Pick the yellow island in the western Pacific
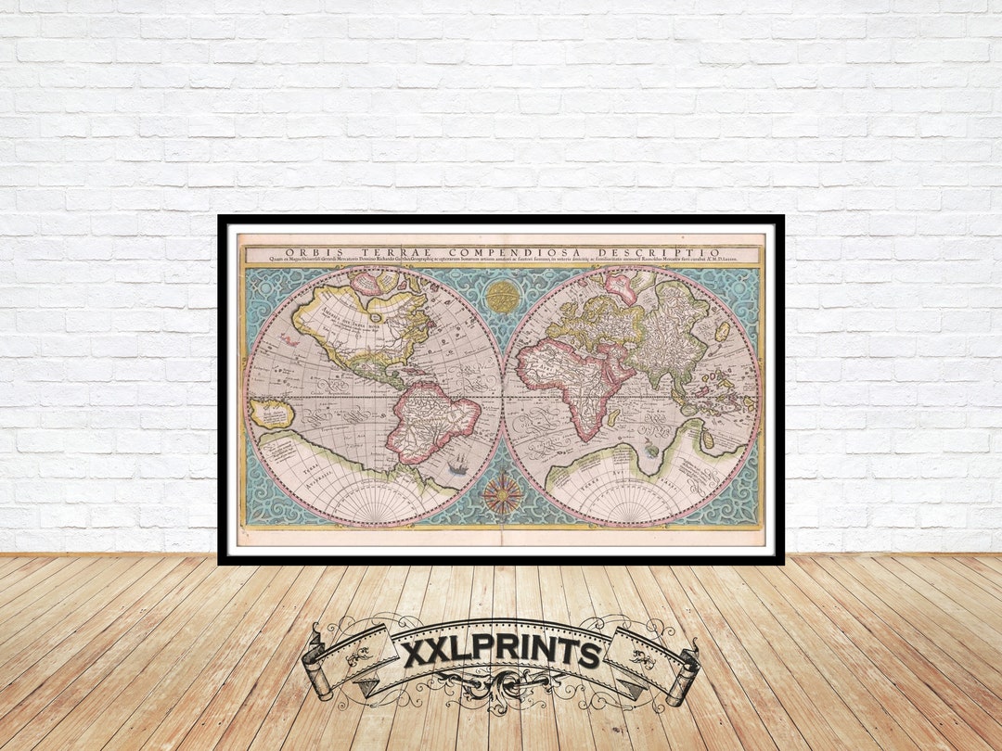[270, 414]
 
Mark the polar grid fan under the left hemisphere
[372, 506]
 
